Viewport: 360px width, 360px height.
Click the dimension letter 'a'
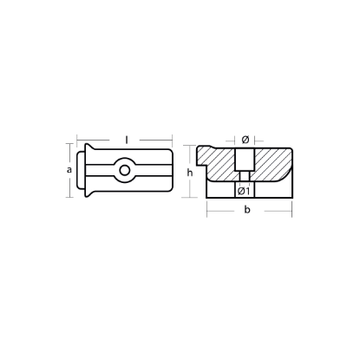click(69, 170)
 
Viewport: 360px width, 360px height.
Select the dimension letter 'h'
click(189, 172)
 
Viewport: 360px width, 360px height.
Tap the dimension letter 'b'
click(248, 211)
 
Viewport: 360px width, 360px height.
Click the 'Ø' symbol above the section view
click(245, 139)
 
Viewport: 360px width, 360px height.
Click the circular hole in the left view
click(127, 171)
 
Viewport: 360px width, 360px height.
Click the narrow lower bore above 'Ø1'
click(245, 180)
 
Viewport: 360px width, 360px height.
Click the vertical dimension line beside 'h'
click(197, 182)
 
